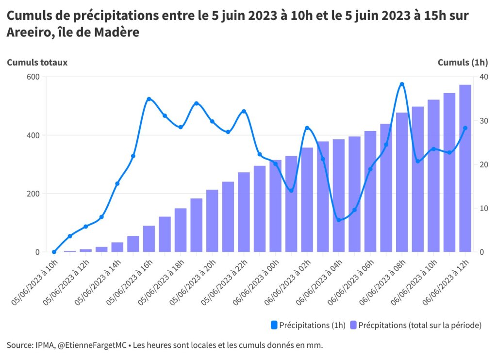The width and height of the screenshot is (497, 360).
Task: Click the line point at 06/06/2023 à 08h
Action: coord(402,84)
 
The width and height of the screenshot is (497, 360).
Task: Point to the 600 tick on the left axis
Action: coord(33,77)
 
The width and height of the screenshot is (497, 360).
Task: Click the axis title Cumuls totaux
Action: coord(37,62)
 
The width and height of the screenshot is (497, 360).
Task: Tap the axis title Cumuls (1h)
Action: coord(463,62)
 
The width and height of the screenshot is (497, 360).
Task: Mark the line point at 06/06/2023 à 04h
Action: coord(339,220)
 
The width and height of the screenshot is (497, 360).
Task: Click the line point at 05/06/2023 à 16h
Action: coord(149,99)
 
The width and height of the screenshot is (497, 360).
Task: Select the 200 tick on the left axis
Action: coord(33,194)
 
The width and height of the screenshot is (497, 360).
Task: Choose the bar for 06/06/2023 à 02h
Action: coord(307,199)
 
